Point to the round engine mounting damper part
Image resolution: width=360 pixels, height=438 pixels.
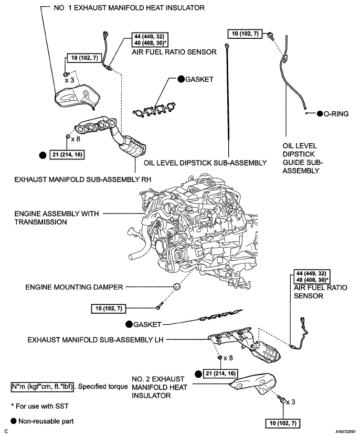(176, 288)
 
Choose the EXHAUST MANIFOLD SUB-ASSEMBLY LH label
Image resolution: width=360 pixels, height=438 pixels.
(96, 339)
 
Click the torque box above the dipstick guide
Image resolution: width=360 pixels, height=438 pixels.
(246, 34)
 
